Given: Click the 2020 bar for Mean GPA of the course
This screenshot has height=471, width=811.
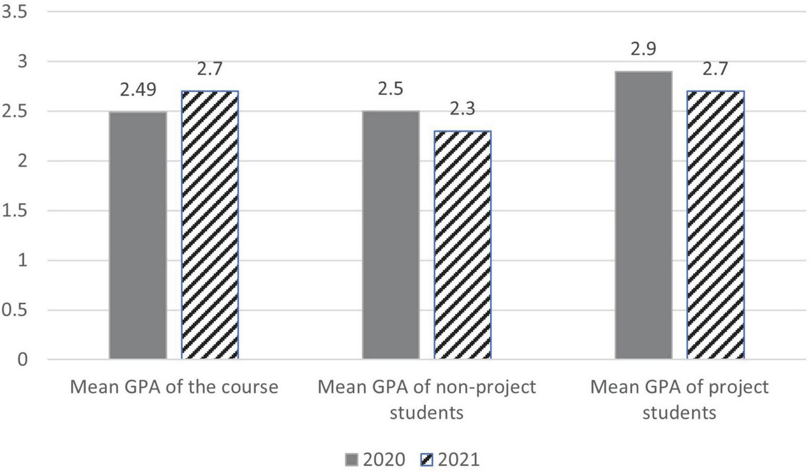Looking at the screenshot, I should pos(138,235).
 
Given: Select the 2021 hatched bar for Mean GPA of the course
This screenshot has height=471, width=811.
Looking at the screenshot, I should pos(210,224).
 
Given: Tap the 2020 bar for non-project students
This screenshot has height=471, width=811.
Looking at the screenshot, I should pos(390,234).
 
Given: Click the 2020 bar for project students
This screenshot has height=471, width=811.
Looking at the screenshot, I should pos(643,215).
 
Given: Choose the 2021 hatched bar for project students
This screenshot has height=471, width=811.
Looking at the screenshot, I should pos(715,224).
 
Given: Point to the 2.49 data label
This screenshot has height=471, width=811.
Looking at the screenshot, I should pos(138,90).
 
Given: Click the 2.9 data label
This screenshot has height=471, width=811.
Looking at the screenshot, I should pos(643,49).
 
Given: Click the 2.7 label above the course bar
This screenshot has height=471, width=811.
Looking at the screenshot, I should pos(210,69).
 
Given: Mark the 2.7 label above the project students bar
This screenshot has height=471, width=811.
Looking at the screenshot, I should pos(715,69).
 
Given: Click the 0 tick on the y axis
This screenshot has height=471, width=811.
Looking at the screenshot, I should pos(22,359).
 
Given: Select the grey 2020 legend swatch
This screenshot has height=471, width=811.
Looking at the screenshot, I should pos(352,460).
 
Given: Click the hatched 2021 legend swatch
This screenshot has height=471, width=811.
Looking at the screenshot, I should pos(426,460).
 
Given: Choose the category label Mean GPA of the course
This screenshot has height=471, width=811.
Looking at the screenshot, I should pos(173,387).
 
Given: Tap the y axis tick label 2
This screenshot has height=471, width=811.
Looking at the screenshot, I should pos(22,161).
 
